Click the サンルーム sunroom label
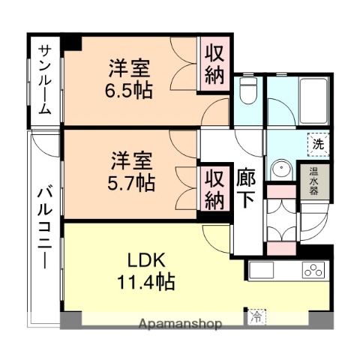[x=45, y=79]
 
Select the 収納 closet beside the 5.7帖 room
[x=214, y=189]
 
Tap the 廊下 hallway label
[x=246, y=189]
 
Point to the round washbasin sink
[x=282, y=169]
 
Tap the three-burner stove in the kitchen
[x=312, y=270]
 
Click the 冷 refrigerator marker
[x=256, y=318]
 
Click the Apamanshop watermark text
[x=179, y=324]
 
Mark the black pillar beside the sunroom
[x=71, y=43]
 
